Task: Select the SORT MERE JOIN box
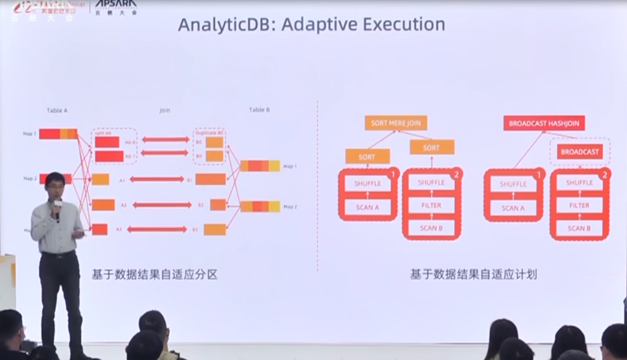click(x=396, y=123)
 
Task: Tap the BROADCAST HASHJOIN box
click(x=544, y=123)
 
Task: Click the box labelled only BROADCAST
click(x=580, y=152)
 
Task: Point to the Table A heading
click(x=57, y=110)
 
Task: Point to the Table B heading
click(x=259, y=110)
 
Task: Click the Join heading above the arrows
click(x=164, y=110)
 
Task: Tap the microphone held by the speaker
click(x=57, y=208)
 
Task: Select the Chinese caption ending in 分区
click(x=155, y=275)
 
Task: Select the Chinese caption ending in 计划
click(x=473, y=275)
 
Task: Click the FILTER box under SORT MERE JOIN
click(x=431, y=205)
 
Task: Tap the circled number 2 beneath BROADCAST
click(x=604, y=175)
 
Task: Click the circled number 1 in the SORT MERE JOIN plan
click(x=393, y=175)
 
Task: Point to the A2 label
click(x=123, y=205)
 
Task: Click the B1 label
click(x=189, y=180)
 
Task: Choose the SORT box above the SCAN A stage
click(x=367, y=157)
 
